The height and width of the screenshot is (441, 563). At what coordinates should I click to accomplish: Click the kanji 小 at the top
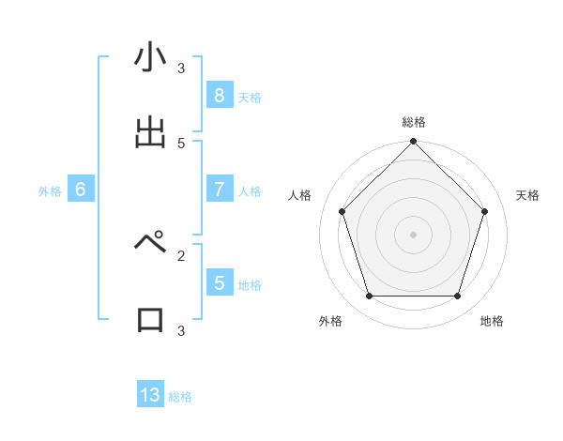coord(150,58)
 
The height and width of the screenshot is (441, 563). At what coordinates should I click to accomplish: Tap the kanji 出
coord(150,133)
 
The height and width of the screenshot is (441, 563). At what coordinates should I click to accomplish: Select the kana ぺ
coord(151,242)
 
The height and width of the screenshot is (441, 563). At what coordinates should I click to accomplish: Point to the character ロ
coord(150,319)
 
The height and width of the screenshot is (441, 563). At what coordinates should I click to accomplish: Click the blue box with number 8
coord(219,95)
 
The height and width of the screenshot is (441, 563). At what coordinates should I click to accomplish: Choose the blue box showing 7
coord(219,189)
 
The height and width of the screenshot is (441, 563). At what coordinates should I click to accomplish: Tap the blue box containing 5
coord(219,282)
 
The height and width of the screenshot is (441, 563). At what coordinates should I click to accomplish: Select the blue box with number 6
coord(80,189)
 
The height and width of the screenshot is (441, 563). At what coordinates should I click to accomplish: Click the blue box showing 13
coord(150,395)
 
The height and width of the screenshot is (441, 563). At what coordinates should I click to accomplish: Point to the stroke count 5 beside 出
coord(181,143)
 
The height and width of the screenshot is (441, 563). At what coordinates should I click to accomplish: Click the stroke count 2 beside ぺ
coord(181,254)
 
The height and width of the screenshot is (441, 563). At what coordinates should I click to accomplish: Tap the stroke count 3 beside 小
coord(181,68)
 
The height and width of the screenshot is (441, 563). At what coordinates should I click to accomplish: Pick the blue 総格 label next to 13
coord(180,397)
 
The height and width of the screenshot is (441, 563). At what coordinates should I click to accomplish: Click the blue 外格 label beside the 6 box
coord(50,190)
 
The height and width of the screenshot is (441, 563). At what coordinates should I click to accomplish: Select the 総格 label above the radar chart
coord(414,122)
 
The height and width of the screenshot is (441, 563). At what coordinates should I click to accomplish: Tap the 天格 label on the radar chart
coord(527,195)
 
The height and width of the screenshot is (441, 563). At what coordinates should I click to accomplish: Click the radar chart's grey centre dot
coord(413,234)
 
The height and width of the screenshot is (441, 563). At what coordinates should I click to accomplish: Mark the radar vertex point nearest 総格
coord(413,143)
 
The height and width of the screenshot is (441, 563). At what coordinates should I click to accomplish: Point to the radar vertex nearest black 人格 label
coord(342,211)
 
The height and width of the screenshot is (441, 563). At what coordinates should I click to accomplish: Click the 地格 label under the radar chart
coord(492,321)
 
